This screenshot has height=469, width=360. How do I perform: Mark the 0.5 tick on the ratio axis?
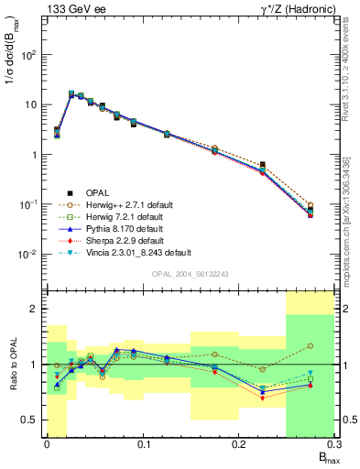pyautogui.click(x=33, y=420)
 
